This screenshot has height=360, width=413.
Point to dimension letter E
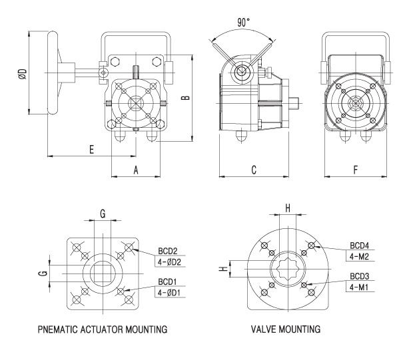pos(91,150)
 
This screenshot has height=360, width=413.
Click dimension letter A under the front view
pos(136,170)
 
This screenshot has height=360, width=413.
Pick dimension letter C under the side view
pos(254,170)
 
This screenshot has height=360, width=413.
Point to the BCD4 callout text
pos(363,244)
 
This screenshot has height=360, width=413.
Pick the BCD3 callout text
pos(363,275)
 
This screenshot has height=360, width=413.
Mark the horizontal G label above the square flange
pos(103,213)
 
